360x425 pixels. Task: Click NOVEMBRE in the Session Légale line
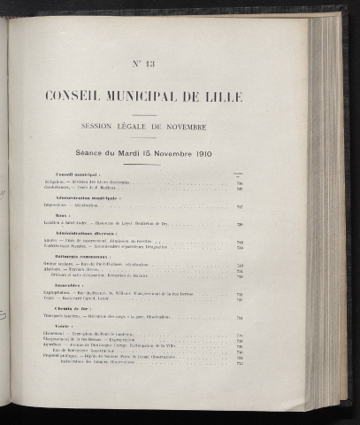(208, 124)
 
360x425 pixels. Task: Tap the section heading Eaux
(61, 218)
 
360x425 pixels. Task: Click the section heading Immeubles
(69, 286)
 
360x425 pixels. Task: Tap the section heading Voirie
(64, 328)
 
